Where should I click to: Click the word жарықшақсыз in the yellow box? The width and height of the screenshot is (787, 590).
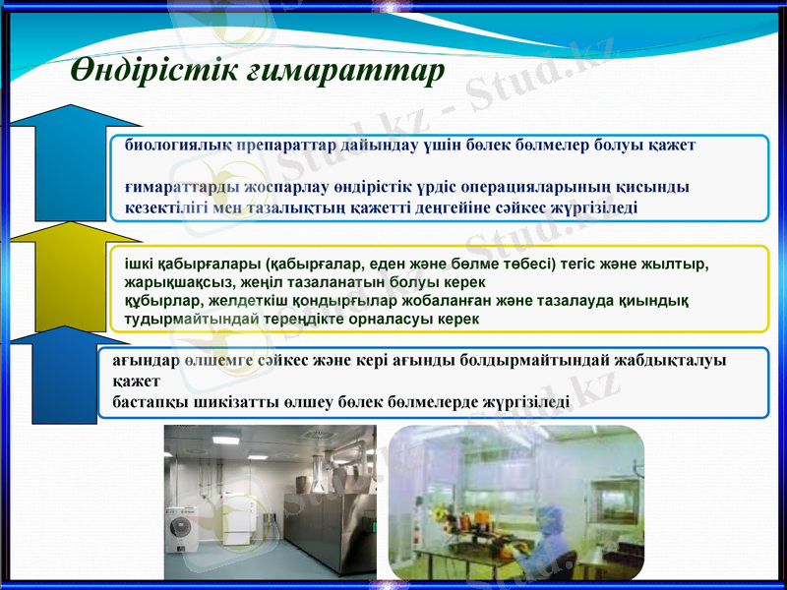point(160,282)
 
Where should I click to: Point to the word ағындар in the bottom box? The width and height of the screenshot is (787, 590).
point(141,361)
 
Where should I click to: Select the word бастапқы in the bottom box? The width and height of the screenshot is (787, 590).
point(146,402)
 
